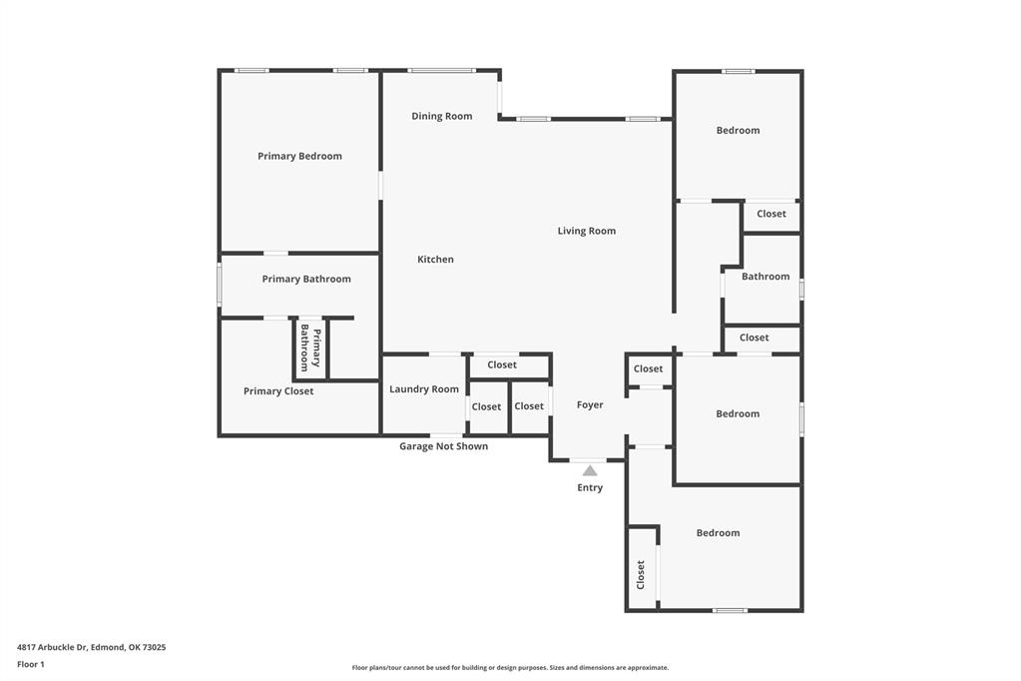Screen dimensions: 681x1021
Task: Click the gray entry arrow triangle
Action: [x=590, y=470]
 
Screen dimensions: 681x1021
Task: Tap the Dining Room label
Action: [x=441, y=116]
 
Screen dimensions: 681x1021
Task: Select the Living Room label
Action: [x=586, y=231]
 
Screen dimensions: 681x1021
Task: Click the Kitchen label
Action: [x=435, y=260]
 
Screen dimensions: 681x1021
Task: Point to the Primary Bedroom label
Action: [x=299, y=156]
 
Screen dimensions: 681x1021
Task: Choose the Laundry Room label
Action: [x=424, y=389]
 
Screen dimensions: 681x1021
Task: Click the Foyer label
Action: [x=590, y=405]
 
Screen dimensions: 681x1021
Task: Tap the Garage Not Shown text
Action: [x=443, y=446]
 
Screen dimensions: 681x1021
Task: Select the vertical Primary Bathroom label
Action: [x=310, y=348]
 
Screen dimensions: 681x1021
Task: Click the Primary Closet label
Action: [x=278, y=391]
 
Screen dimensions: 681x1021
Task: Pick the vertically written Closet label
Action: [x=641, y=574]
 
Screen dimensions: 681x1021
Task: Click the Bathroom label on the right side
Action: [x=766, y=277]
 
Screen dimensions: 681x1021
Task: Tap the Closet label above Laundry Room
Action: [x=502, y=365]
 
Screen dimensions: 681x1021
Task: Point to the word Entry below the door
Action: [x=590, y=488]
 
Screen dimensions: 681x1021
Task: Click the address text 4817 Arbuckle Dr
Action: [x=91, y=647]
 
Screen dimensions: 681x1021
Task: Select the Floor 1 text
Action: [x=31, y=664]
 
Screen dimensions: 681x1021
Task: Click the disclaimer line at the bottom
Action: [x=510, y=668]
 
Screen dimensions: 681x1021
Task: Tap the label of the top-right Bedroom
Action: [x=738, y=131]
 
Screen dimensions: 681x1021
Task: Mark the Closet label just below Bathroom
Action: [x=755, y=338]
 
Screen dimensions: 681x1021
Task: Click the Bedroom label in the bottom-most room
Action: [x=718, y=533]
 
